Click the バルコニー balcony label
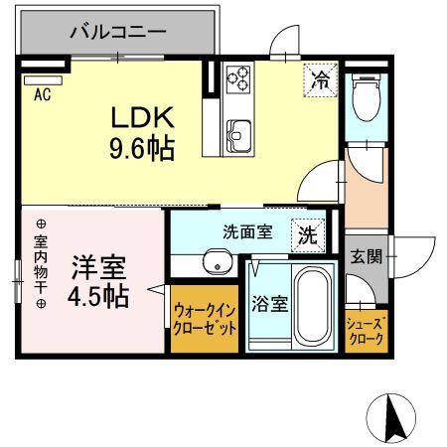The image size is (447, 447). coord(116,32)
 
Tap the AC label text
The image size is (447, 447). coord(43,95)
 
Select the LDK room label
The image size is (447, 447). coord(141,118)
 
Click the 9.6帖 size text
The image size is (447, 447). coord(141,149)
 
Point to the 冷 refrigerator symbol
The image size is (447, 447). coord(320,77)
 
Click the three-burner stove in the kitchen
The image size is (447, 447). coord(239,78)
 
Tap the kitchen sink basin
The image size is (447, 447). coord(240,132)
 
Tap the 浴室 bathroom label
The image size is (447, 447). coord(268,305)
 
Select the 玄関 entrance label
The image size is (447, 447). coord(365,256)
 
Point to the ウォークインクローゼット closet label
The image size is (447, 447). coord(205,320)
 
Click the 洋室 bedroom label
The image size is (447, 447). coord(95,267)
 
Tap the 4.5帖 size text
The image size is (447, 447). coord(97,297)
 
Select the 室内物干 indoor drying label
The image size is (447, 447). coord(41,263)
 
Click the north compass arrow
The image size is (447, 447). coord(394,416)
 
